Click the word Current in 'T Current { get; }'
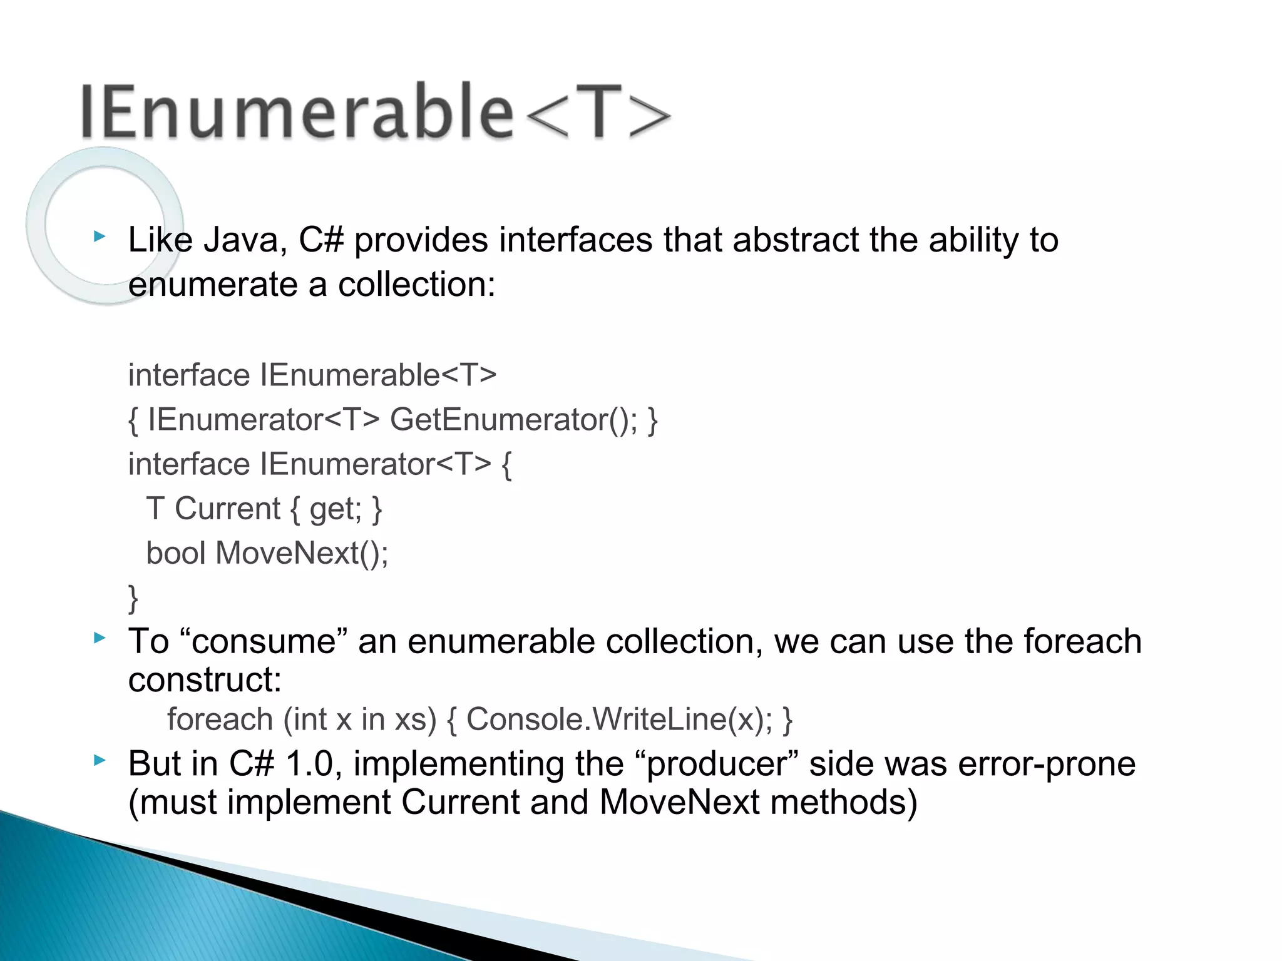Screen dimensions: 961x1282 click(227, 509)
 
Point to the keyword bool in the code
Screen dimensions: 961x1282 click(176, 553)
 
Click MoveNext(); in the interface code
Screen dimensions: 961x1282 click(302, 553)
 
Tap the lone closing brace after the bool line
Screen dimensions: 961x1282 click(133, 597)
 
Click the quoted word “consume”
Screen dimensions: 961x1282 click(264, 642)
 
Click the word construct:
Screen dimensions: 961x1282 click(205, 680)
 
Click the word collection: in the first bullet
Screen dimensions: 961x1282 click(416, 285)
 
